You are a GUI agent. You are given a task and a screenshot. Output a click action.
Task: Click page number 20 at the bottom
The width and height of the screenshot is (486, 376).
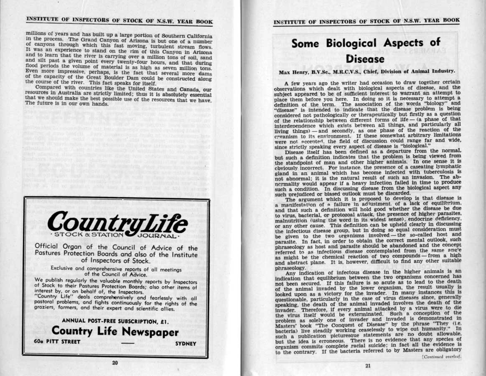(x=115, y=363)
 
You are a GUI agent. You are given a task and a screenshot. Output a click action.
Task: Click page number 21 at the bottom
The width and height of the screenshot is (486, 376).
(x=368, y=366)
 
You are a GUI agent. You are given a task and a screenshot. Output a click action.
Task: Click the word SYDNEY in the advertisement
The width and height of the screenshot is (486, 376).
(x=186, y=343)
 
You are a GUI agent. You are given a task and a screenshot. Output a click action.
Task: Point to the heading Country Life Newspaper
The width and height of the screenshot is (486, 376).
(x=116, y=333)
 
